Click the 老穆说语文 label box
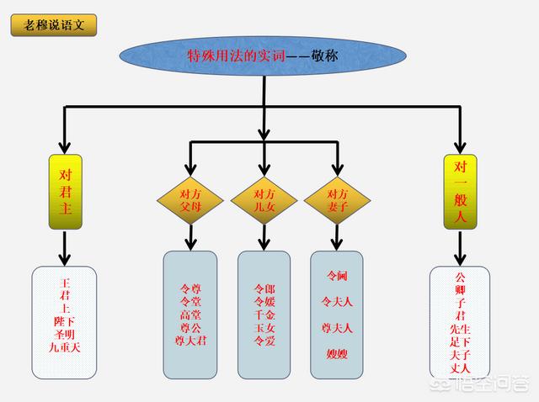(54, 25)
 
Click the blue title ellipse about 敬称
(263, 56)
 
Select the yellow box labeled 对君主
(66, 192)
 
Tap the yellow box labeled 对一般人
(461, 192)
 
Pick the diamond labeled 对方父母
(190, 200)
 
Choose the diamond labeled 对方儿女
(264, 200)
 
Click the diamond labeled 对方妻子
(337, 200)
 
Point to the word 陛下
(64, 321)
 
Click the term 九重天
(64, 347)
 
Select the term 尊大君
(190, 341)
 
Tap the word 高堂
(190, 315)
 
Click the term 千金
(264, 315)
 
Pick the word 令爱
(264, 341)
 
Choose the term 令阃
(337, 276)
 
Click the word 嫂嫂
(337, 354)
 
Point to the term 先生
(460, 330)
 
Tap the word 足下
(460, 342)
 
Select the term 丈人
(460, 368)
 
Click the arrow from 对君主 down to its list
(65, 248)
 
